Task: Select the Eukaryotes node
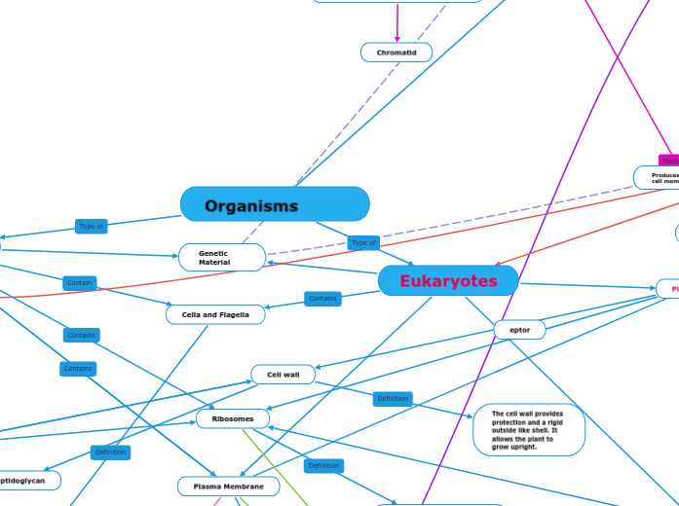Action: point(448,281)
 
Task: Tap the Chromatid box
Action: point(396,53)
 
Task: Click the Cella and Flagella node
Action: point(215,314)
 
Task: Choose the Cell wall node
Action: point(283,375)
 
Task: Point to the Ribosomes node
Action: point(232,418)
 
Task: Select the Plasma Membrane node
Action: point(228,486)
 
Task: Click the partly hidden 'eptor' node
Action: point(519,330)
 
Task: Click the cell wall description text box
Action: point(528,430)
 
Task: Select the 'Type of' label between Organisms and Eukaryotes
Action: point(363,242)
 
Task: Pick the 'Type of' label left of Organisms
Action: point(92,226)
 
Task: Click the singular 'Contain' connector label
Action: point(79,283)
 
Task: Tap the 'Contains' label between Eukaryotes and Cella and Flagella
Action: point(322,299)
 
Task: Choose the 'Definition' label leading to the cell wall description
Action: point(393,398)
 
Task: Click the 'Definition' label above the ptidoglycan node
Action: point(110,452)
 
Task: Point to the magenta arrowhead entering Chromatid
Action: point(396,39)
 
